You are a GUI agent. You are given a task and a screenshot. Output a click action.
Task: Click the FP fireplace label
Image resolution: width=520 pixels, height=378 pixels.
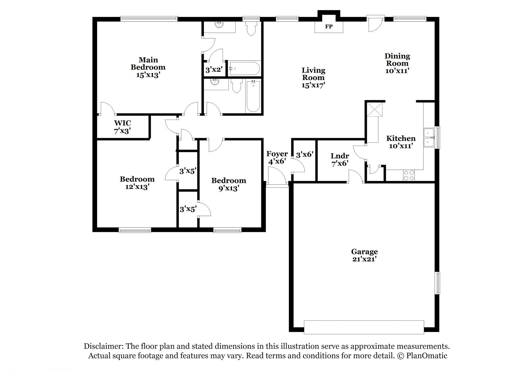[329, 27]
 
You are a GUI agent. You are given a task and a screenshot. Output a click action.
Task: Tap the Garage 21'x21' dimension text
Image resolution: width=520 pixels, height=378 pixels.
[364, 259]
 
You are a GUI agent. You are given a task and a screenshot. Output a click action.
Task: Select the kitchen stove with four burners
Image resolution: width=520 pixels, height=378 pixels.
[409, 175]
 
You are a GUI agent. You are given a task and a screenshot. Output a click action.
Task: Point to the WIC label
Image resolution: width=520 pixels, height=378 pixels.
[122, 123]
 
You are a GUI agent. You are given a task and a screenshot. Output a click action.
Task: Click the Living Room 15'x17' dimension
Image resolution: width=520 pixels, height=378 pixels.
[313, 85]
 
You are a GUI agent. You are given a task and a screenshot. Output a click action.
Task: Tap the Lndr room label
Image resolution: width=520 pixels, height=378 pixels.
[340, 156]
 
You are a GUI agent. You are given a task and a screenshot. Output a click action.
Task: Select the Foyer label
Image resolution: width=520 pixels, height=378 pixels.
[277, 154]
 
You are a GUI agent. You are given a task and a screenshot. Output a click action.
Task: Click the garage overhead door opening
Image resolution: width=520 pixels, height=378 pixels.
[364, 327]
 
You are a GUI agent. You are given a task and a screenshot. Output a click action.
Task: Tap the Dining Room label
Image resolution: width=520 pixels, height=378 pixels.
[397, 60]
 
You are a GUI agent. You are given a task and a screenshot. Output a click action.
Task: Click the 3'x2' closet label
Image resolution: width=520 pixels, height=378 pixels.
[214, 70]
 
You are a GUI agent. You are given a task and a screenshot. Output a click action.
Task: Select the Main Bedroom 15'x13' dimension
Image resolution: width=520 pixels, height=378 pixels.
[148, 75]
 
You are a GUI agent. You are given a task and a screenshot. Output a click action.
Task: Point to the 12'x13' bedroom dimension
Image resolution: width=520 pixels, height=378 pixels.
[137, 187]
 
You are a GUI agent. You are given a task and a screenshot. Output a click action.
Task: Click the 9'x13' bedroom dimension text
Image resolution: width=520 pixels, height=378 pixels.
[229, 188]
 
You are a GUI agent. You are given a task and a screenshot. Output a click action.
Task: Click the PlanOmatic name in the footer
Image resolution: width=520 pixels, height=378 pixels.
[426, 356]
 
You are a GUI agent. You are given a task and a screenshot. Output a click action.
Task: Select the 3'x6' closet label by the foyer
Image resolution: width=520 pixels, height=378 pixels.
[304, 154]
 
